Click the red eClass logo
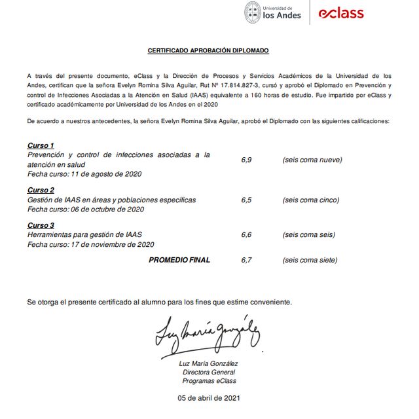(x=340, y=13)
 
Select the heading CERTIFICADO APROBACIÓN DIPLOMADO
(x=208, y=50)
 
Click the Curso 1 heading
(x=41, y=145)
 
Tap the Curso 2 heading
(x=41, y=191)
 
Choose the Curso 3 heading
(x=41, y=226)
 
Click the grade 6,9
(x=246, y=160)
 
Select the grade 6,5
(x=246, y=200)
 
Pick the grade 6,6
(x=246, y=235)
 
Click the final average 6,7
(x=246, y=260)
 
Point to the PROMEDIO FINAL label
(x=179, y=260)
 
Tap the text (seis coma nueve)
(x=312, y=160)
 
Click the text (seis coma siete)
(x=310, y=260)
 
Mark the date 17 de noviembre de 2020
(x=111, y=245)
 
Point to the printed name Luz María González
(x=209, y=364)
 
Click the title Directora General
(x=209, y=373)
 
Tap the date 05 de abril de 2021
(x=209, y=398)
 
